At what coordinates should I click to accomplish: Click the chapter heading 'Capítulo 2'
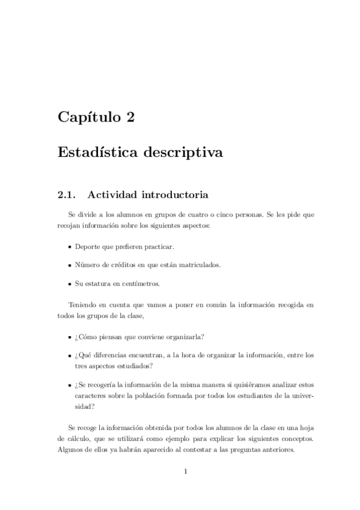(96, 117)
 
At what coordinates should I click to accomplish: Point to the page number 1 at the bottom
(186, 471)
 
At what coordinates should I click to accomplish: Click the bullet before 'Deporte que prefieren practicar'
(69, 247)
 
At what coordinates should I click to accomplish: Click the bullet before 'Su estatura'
(69, 284)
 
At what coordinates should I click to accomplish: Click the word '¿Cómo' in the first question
(85, 336)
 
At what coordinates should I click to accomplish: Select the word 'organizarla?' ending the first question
(186, 336)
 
